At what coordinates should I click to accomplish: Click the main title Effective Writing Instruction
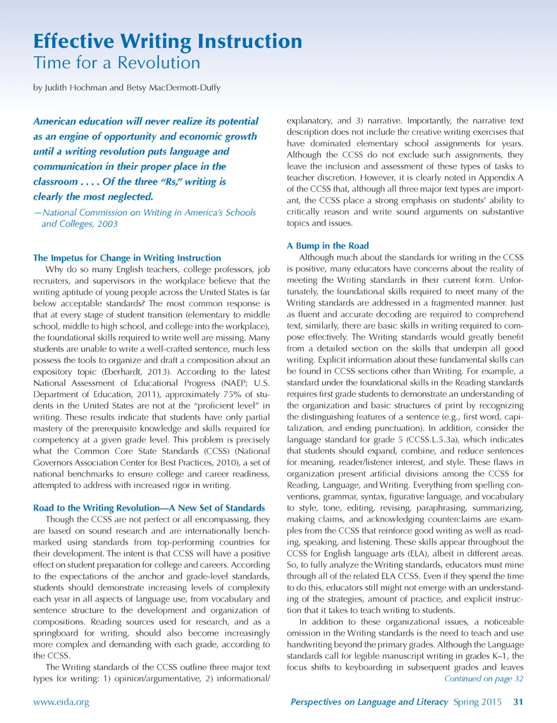pyautogui.click(x=168, y=41)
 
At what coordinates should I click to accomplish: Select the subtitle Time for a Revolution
pyautogui.click(x=116, y=63)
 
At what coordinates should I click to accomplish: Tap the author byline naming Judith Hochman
pyautogui.click(x=127, y=88)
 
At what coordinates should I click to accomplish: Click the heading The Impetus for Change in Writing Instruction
pyautogui.click(x=127, y=258)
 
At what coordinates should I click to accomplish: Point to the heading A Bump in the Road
pyautogui.click(x=327, y=246)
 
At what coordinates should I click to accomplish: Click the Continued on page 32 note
pyautogui.click(x=484, y=679)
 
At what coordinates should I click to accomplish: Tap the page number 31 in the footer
pyautogui.click(x=518, y=702)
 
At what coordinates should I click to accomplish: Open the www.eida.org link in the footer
pyautogui.click(x=61, y=702)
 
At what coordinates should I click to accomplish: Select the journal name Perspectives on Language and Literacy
pyautogui.click(x=369, y=702)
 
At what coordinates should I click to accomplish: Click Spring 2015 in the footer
pyautogui.click(x=477, y=702)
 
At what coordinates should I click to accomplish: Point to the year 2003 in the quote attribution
pyautogui.click(x=107, y=224)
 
